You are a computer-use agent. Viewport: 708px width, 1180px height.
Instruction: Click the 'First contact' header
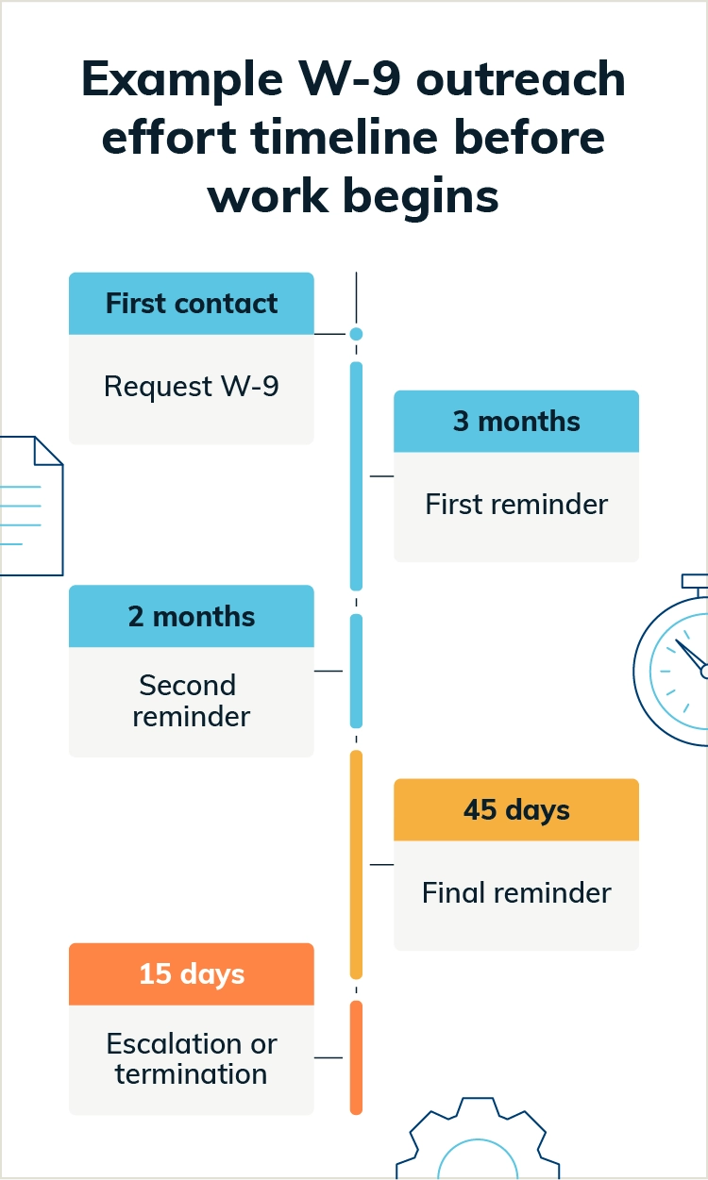[x=192, y=304]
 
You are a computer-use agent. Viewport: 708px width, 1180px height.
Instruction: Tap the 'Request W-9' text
[x=192, y=387]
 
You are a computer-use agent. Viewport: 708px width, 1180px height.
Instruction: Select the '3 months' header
[x=516, y=421]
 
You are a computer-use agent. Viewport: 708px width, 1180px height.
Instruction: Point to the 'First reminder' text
[x=516, y=504]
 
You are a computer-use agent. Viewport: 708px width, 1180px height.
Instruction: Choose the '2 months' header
[x=192, y=617]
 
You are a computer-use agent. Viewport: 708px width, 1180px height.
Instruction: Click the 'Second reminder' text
[x=192, y=701]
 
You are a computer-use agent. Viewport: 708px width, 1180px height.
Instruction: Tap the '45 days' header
[x=516, y=810]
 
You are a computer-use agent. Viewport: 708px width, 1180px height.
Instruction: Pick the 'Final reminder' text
[x=516, y=892]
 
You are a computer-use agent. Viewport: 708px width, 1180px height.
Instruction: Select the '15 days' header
[x=192, y=973]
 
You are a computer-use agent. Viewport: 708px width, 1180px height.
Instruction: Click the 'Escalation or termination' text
[x=192, y=1059]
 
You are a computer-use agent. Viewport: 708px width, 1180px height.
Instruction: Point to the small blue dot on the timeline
[x=356, y=334]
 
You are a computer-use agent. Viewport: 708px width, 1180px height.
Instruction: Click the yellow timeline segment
[x=356, y=863]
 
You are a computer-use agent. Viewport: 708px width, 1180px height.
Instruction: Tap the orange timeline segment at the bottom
[x=356, y=1056]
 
